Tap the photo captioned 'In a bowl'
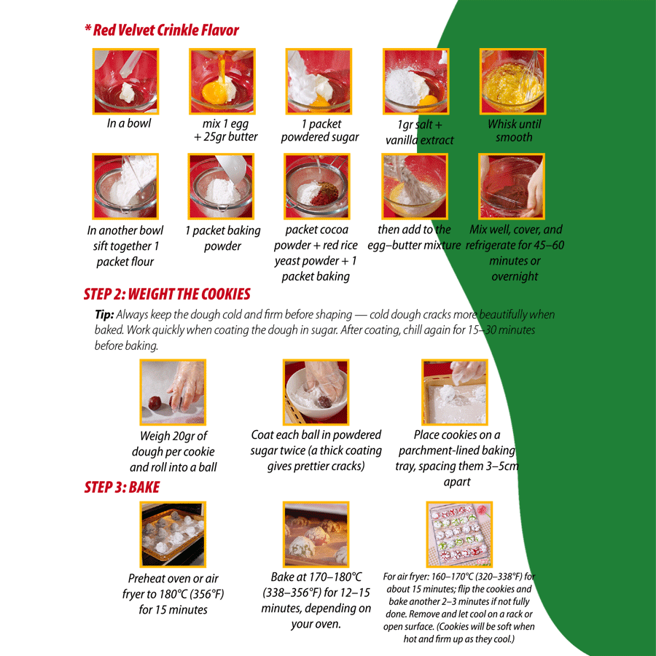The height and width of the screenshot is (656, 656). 125,81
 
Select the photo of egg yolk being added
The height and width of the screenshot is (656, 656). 222,81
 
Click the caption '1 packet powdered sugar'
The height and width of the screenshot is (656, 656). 320,130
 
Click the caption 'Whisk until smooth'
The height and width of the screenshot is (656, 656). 514,130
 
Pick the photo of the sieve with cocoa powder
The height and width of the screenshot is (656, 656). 317,187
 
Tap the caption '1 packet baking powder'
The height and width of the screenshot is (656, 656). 222,238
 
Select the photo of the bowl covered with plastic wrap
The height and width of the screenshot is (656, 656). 511,187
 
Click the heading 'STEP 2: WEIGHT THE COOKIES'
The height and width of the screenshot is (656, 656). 167,294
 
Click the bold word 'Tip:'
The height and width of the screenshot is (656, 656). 104,315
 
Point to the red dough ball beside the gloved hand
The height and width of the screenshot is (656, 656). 155,403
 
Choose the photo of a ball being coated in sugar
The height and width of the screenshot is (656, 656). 316,392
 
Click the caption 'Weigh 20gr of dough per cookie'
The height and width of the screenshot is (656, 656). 173,444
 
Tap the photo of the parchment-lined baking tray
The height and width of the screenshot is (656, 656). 455,392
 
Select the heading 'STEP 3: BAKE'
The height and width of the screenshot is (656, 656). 122,488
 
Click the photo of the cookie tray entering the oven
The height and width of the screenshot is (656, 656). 173,534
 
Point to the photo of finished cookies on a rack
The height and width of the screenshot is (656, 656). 459,534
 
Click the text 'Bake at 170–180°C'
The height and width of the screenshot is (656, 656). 316,577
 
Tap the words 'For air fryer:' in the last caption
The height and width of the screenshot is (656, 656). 406,577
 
